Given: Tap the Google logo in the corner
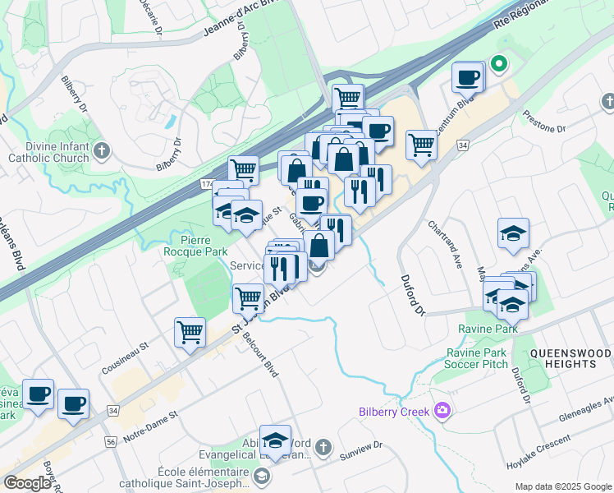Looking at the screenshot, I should [27, 482].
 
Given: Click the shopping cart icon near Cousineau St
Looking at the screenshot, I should [190, 333].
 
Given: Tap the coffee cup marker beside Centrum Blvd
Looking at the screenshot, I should [467, 77].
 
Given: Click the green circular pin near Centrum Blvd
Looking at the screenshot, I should [498, 63].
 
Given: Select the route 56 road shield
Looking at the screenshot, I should [109, 441].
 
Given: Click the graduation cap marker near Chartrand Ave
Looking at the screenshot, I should [513, 233].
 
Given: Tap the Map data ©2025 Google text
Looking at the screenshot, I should [562, 486].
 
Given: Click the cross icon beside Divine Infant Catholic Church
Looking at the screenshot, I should [102, 151].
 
